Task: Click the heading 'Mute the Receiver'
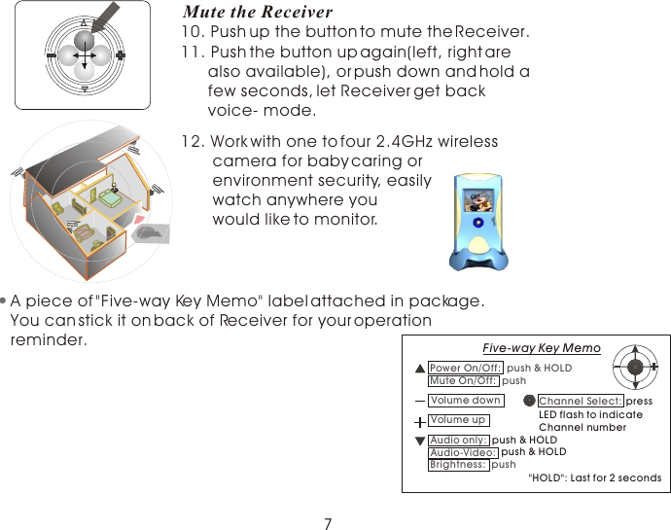258,13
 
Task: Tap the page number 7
328,524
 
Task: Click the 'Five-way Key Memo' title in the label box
542,348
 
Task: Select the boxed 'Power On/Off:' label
466,368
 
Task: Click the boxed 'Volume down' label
465,401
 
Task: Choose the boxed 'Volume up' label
458,420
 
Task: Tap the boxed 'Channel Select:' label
581,401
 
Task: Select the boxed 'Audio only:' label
459,441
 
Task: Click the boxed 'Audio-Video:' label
463,452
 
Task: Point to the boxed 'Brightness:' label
458,465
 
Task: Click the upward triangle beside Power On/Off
419,369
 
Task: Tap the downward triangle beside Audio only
419,441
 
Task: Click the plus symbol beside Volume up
419,421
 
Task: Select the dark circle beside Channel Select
529,401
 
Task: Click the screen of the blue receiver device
478,202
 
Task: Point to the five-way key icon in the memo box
635,367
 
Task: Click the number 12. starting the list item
194,141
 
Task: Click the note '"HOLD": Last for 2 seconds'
593,477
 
